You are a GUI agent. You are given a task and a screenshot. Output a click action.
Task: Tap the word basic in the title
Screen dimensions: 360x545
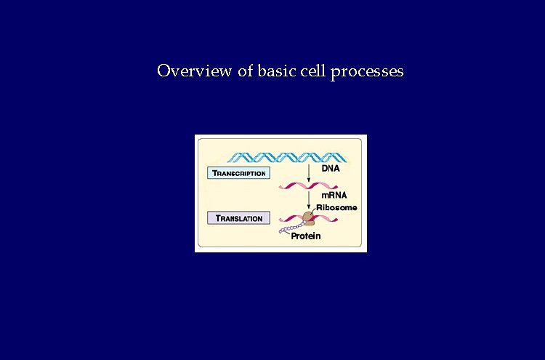click(x=272, y=71)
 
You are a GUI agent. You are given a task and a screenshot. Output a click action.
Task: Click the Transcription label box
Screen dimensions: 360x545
click(x=238, y=173)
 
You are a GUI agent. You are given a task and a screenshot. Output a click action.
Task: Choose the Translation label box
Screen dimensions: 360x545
click(x=238, y=218)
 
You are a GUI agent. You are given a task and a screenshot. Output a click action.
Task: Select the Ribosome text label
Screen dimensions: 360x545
click(x=336, y=207)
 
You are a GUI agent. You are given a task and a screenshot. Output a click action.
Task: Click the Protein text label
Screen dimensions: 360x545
click(x=306, y=237)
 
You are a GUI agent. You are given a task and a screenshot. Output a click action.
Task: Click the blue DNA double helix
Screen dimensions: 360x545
click(x=287, y=156)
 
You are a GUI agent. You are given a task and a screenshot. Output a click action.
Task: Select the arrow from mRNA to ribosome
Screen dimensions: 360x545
click(x=309, y=200)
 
